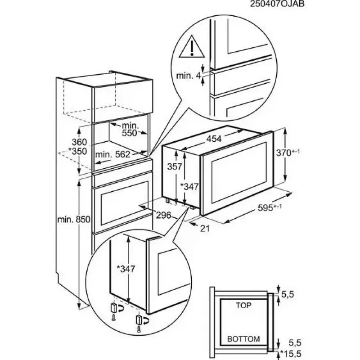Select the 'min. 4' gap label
click(x=191, y=76)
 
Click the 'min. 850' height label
click(x=74, y=220)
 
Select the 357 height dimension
click(x=175, y=166)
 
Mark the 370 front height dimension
click(x=288, y=153)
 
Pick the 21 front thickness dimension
click(x=205, y=228)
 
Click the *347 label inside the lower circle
click(x=126, y=269)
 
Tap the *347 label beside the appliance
click(x=190, y=186)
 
